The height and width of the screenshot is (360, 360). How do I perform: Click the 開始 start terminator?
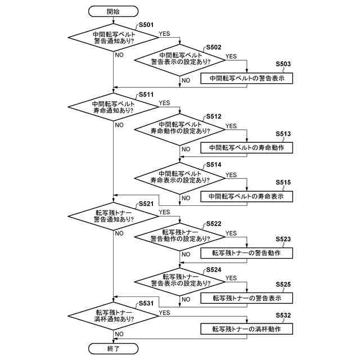click(113, 11)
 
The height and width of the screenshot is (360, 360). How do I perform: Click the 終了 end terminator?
click(113, 348)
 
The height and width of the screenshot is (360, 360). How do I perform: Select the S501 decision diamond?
click(113, 37)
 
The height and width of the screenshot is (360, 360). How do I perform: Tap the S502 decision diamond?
click(180, 60)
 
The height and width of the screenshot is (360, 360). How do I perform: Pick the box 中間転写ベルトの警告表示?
click(247, 79)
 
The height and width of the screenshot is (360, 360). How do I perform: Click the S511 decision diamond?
click(113, 107)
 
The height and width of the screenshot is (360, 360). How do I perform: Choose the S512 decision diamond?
click(180, 128)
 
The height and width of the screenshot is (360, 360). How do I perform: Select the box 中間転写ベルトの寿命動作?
click(247, 147)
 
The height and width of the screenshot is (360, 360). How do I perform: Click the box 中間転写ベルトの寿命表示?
click(247, 196)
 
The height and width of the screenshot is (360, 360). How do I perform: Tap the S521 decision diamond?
click(113, 215)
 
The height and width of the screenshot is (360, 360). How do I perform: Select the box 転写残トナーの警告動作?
click(247, 253)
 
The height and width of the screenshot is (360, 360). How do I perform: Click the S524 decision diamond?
click(180, 280)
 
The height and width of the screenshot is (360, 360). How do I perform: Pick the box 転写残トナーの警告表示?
click(247, 298)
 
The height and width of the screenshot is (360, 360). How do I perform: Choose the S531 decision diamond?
click(113, 316)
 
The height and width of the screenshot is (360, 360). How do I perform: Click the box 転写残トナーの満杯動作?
click(247, 329)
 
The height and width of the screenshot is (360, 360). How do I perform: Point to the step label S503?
click(283, 65)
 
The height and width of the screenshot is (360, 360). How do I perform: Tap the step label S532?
click(283, 316)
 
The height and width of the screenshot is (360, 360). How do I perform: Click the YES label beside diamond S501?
click(164, 34)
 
